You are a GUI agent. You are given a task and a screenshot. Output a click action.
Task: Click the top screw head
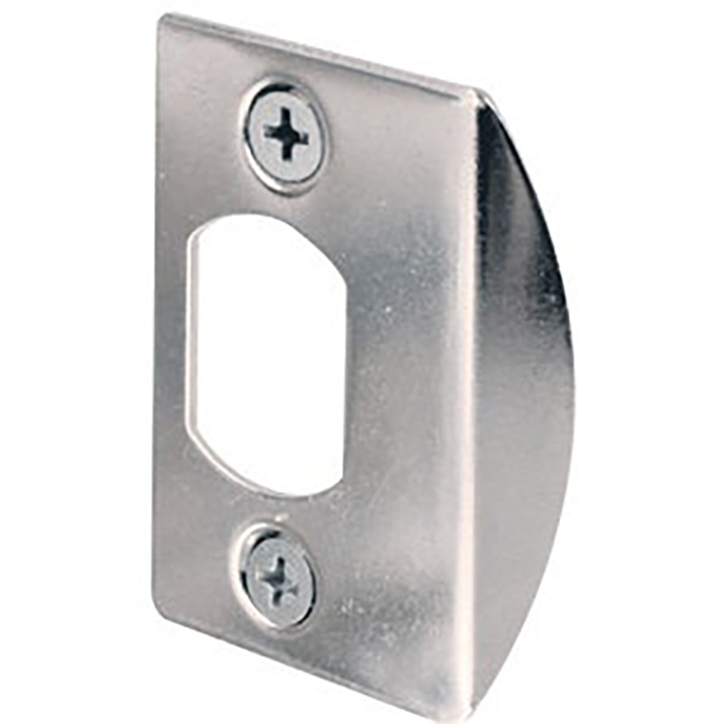[x=286, y=136]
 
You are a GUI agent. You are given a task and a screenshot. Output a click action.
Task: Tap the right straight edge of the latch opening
[x=347, y=362]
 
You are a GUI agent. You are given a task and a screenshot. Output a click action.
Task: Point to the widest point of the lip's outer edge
[x=572, y=380]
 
